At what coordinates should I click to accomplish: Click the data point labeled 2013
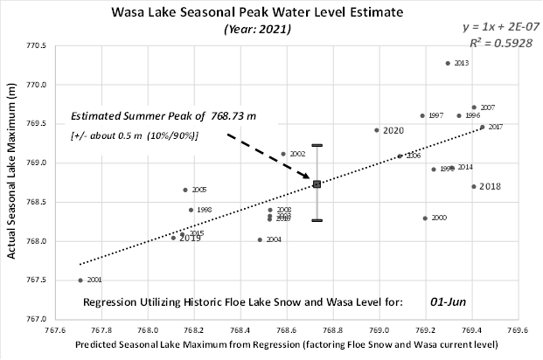click(448, 63)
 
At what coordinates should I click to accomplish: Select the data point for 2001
click(80, 280)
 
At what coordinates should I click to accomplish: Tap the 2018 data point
click(473, 186)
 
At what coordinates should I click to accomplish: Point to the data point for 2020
click(377, 130)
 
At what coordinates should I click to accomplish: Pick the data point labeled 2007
click(474, 107)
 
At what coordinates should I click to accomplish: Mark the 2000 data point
click(425, 218)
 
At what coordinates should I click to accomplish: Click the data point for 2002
click(283, 154)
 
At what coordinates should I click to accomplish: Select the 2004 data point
click(260, 239)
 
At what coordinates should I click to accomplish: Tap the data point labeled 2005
click(185, 190)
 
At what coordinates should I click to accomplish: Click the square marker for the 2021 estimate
click(317, 183)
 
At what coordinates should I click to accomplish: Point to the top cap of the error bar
click(317, 145)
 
